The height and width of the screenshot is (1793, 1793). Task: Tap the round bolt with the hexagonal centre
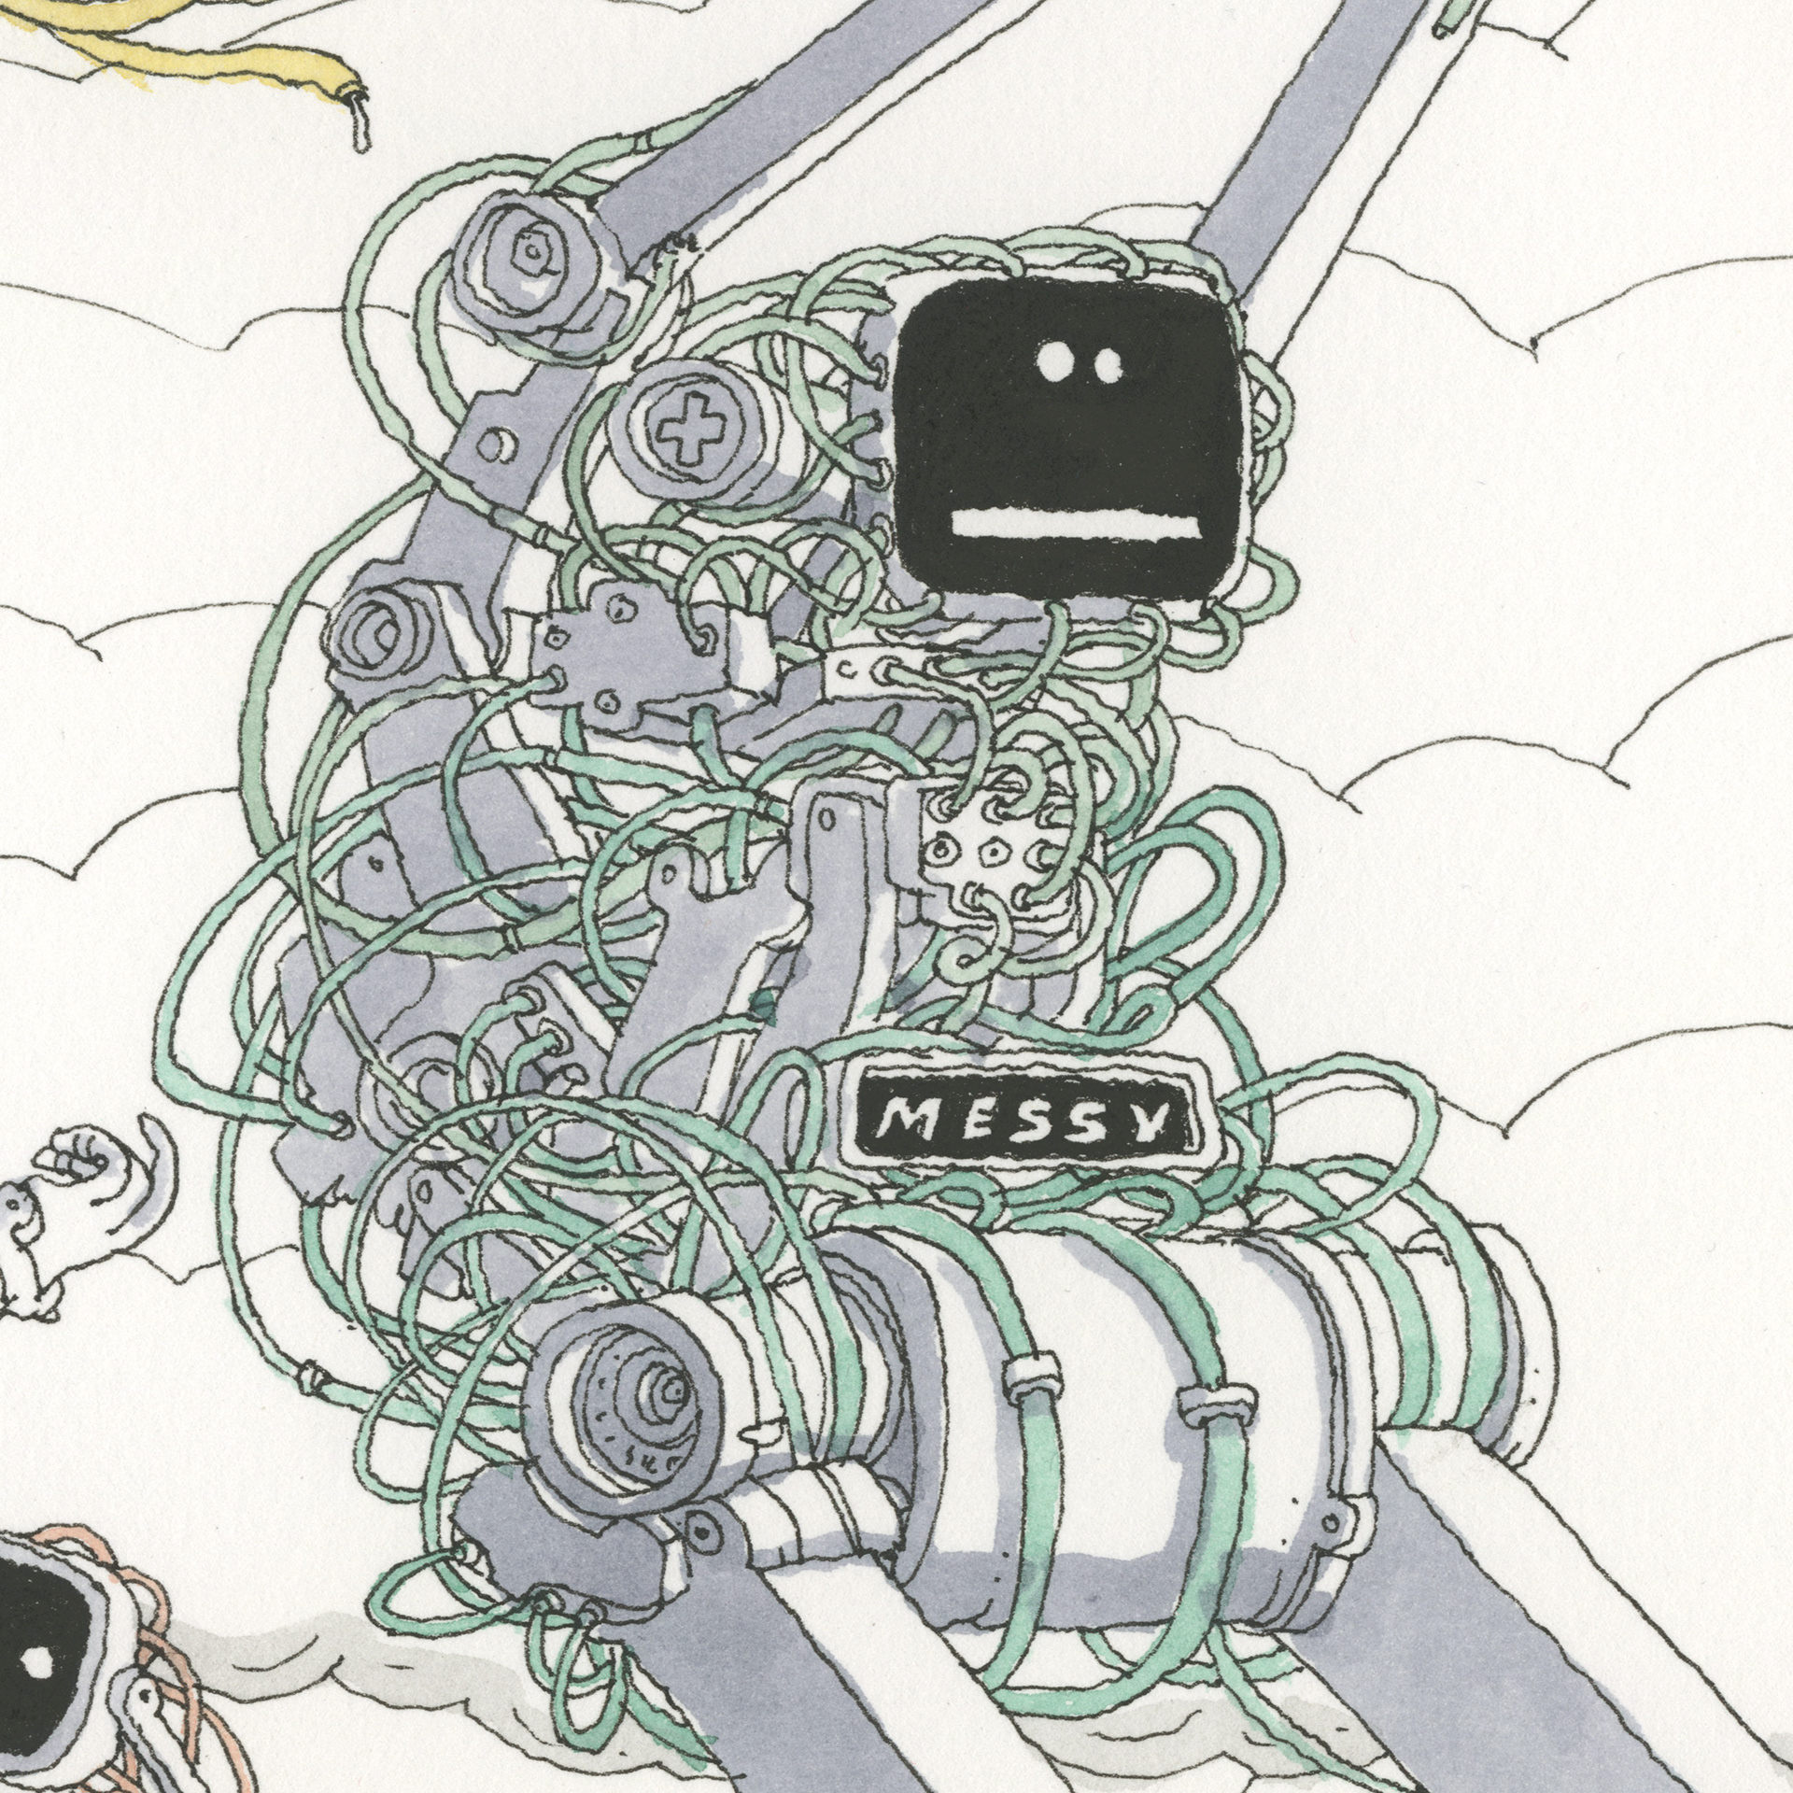(530, 250)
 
